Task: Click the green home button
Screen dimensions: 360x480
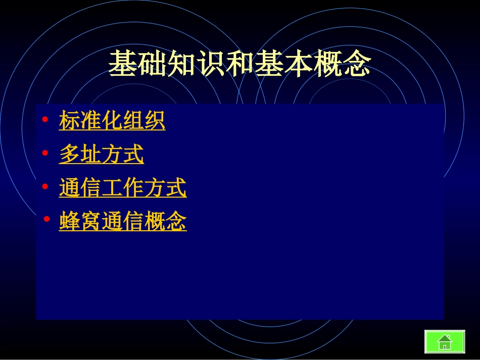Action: (x=445, y=341)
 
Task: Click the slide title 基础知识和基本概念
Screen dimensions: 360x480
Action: (x=239, y=64)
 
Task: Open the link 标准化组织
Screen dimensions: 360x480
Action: (x=112, y=121)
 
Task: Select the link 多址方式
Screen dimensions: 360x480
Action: (x=102, y=155)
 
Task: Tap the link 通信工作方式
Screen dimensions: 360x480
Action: (x=123, y=188)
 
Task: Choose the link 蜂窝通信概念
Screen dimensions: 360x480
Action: (x=123, y=222)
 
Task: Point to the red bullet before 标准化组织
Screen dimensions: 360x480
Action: (x=45, y=120)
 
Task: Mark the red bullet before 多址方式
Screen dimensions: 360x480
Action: (x=45, y=153)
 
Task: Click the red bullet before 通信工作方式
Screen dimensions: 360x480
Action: (x=45, y=187)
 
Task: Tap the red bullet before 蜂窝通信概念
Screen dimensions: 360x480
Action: (x=46, y=220)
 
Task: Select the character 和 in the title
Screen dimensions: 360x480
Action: (x=239, y=64)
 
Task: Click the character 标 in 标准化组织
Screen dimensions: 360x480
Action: (x=70, y=121)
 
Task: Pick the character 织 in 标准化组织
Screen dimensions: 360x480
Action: (x=155, y=121)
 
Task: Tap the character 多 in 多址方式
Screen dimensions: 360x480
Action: (x=70, y=155)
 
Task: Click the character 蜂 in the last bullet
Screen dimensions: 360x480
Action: (x=70, y=222)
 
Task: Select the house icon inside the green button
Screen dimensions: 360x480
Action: (x=445, y=342)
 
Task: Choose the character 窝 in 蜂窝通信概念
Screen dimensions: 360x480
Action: (x=91, y=222)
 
